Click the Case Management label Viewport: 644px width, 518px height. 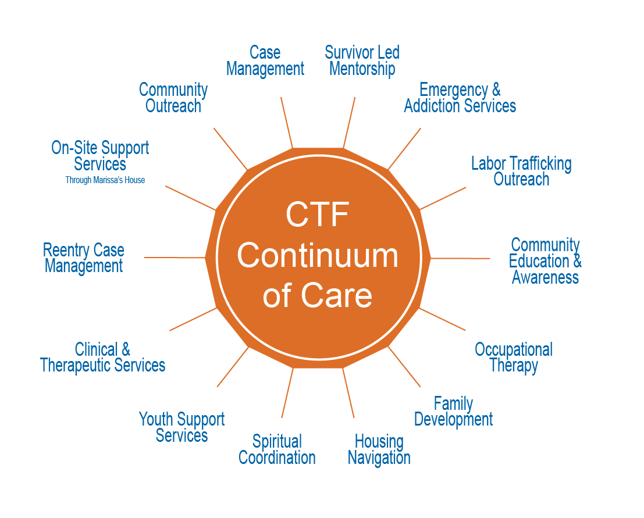pos(265,61)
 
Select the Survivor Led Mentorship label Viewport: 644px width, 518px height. pos(362,61)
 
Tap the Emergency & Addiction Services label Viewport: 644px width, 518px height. pos(460,98)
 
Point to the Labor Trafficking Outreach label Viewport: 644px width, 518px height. pos(521,171)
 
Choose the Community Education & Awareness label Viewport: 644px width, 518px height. pos(545,261)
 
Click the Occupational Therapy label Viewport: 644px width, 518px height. pos(514,357)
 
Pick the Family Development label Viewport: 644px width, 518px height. pos(453,411)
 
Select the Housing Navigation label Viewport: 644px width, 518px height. pos(379,449)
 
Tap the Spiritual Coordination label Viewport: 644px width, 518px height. pos(277,449)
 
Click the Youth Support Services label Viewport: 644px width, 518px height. pos(182,427)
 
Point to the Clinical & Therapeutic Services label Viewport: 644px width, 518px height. pos(102,357)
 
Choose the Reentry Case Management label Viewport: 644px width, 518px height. pos(84,259)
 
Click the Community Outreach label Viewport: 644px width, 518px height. pos(173,98)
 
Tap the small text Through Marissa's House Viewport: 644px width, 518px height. pos(105,180)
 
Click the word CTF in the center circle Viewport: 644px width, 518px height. pos(317,215)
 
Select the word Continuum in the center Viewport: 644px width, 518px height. pos(317,256)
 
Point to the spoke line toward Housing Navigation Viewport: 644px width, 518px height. pos(348,393)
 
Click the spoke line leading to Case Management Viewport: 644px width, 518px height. pos(286,122)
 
